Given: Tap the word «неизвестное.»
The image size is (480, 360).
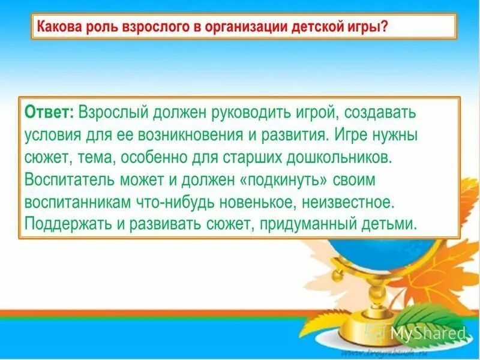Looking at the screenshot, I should click(x=353, y=202).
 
